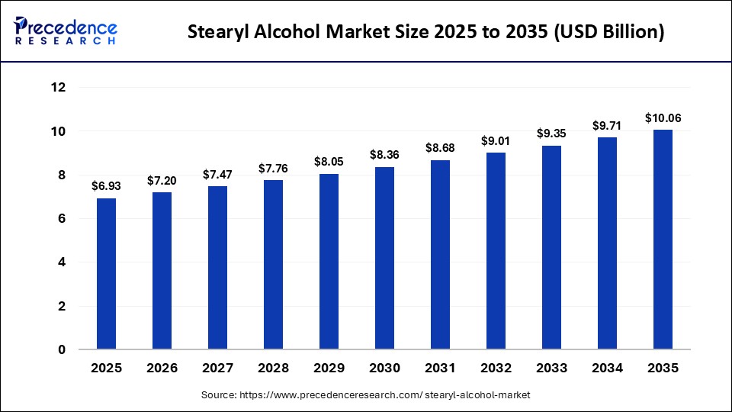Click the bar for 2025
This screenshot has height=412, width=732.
tap(106, 274)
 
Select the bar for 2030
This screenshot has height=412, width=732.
tap(384, 258)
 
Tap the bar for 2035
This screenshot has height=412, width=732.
tap(663, 240)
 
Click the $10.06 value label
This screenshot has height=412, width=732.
tap(663, 117)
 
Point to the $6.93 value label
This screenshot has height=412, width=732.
tap(106, 186)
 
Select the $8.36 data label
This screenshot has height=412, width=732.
tap(384, 155)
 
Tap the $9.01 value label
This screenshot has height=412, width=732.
tap(496, 140)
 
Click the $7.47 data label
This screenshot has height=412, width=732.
tap(217, 174)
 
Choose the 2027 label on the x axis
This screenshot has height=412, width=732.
tap(217, 368)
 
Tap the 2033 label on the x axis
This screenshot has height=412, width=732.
tap(551, 368)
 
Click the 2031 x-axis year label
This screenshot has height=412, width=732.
tap(440, 368)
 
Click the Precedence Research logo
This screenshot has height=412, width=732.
tap(66, 31)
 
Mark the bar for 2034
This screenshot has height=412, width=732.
tap(607, 243)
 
